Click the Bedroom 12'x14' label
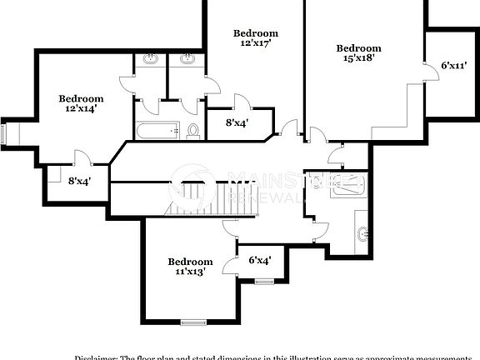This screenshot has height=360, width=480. [x=81, y=102]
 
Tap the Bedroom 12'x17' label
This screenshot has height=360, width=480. [x=256, y=37]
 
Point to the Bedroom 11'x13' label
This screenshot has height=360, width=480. [x=189, y=266]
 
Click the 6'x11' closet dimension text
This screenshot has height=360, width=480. [x=453, y=65]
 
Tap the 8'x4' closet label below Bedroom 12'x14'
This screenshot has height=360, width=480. [x=80, y=180]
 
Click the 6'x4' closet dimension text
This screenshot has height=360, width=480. [x=259, y=260]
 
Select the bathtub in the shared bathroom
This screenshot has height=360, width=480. [x=157, y=130]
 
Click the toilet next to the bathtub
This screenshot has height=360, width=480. [x=192, y=130]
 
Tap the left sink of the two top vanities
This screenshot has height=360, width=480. [x=150, y=59]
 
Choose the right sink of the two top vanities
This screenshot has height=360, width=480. [x=187, y=59]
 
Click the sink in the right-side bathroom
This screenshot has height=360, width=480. [x=362, y=233]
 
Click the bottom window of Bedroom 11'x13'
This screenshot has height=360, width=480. [x=193, y=322]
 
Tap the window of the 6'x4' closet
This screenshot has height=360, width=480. [x=263, y=281]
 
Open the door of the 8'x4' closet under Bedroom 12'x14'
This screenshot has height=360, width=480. [x=81, y=158]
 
